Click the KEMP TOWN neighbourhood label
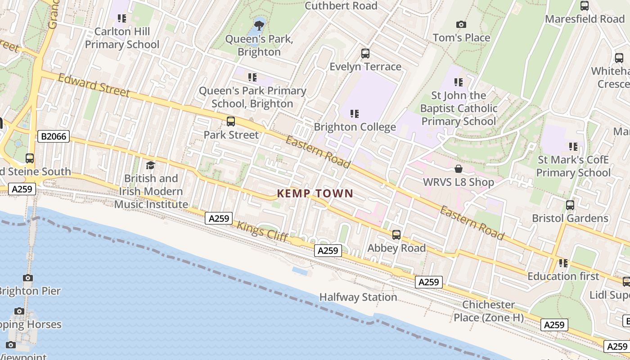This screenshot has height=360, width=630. tap(315, 193)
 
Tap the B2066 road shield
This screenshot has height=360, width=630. tap(54, 136)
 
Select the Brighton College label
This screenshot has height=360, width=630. tap(355, 127)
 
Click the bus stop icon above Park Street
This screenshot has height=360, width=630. tap(231, 121)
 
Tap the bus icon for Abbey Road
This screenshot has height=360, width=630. tap(396, 234)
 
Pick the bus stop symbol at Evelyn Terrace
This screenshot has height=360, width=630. tap(365, 54)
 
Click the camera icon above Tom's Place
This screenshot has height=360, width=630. tap(461, 24)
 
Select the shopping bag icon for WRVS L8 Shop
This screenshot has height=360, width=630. tap(458, 169)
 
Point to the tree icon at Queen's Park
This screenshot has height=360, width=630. tap(259, 25)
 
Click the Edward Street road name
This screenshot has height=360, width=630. tap(94, 85)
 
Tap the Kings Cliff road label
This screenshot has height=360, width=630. tap(262, 231)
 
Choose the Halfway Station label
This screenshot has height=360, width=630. tap(358, 297)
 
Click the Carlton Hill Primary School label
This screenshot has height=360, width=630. tap(122, 38)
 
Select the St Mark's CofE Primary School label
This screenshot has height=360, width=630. tap(573, 166)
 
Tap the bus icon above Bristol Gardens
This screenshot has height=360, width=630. tap(570, 205)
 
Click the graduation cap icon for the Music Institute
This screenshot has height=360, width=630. tap(150, 165)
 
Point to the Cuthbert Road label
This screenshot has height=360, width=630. tap(341, 6)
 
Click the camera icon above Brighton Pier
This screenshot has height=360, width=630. tap(28, 278)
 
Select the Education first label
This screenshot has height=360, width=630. tap(563, 276)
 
